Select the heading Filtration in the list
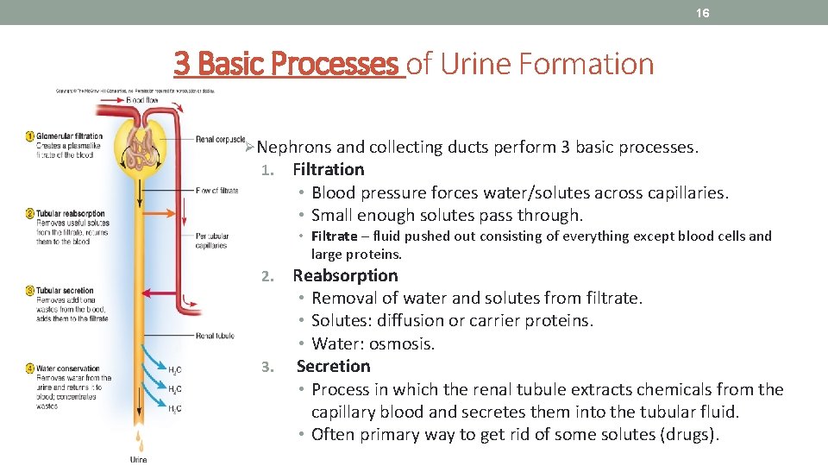tap(329, 170)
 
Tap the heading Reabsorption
tap(345, 276)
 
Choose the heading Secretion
tap(333, 367)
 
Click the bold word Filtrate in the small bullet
tap(335, 236)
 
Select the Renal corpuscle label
tap(219, 139)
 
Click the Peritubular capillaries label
tap(211, 241)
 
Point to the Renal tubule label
tap(215, 336)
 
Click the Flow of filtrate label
tap(216, 191)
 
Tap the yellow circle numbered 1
tap(30, 135)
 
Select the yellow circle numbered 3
tap(30, 291)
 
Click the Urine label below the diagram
tap(138, 460)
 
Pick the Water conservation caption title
tap(68, 368)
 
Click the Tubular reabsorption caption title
tap(71, 213)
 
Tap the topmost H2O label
tap(174, 370)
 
